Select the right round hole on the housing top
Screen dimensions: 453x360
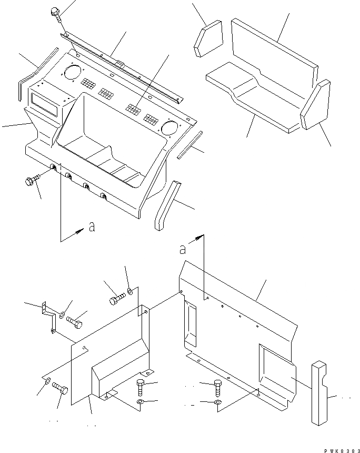(169, 127)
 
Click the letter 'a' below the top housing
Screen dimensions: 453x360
(92, 228)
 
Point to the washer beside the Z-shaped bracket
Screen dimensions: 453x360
(62, 316)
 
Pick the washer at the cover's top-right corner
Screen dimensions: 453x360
(130, 291)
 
